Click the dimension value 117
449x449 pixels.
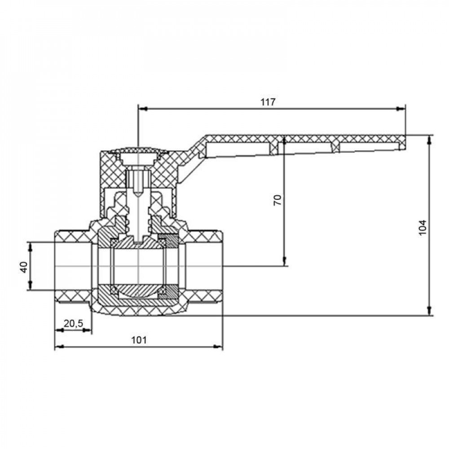pos(268,102)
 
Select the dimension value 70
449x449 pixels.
pos(278,200)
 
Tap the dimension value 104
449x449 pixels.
pos(423,228)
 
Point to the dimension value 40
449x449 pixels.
pos(24,267)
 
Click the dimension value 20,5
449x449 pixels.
pos(73,323)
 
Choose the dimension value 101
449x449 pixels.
pos(139,340)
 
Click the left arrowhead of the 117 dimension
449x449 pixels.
pos(143,109)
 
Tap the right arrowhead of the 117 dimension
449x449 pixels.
pos(401,109)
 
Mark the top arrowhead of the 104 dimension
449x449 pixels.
pos(429,140)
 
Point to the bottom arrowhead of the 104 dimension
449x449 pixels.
pos(429,311)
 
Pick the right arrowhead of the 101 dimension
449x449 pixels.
pos(218,347)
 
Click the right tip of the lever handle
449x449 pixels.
pos(405,142)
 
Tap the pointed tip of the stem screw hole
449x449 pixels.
pos(138,196)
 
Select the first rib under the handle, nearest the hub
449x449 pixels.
pos(274,148)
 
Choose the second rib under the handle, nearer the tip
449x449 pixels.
pos(335,147)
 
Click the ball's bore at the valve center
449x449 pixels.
pos(138,266)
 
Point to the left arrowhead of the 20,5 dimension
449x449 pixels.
pos(59,330)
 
